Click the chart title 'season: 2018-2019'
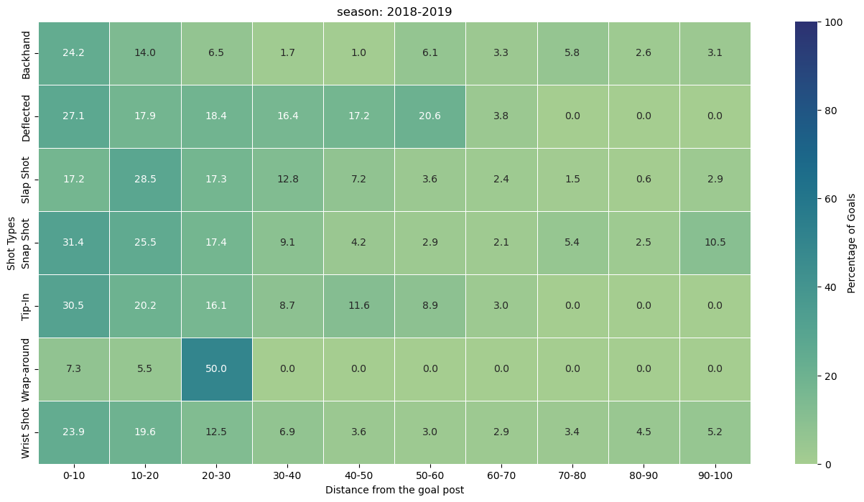pyautogui.click(x=394, y=11)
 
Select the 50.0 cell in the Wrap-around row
pyautogui.click(x=216, y=368)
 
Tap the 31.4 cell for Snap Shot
pyautogui.click(x=74, y=242)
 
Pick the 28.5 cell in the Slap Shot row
pyautogui.click(x=145, y=179)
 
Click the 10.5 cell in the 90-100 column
pyautogui.click(x=715, y=242)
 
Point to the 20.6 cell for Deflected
pyautogui.click(x=430, y=116)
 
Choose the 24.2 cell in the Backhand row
pyautogui.click(x=74, y=52)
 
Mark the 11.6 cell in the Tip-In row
pyautogui.click(x=358, y=305)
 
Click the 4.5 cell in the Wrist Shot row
pyautogui.click(x=644, y=432)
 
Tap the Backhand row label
pyautogui.click(x=26, y=52)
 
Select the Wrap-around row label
pyautogui.click(x=26, y=368)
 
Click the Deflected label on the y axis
pyautogui.click(x=26, y=116)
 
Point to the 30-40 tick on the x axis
pyautogui.click(x=287, y=475)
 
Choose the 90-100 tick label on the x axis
pyautogui.click(x=715, y=475)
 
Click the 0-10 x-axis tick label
pyautogui.click(x=74, y=475)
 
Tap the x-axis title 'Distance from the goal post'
pyautogui.click(x=394, y=490)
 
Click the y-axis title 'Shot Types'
pyautogui.click(x=11, y=242)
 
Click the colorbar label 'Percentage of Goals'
pyautogui.click(x=851, y=242)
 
